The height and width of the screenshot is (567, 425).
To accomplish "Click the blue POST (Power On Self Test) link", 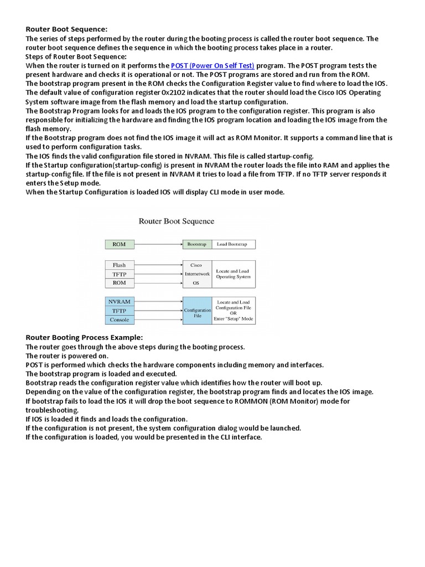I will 212,65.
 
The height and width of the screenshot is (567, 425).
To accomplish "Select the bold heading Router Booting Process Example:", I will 84,337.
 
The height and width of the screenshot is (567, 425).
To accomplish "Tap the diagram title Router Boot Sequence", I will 176,221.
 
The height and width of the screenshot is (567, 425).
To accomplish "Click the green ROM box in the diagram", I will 119,244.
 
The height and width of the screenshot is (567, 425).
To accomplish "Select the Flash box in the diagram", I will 119,265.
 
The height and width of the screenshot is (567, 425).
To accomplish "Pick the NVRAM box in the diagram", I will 119,302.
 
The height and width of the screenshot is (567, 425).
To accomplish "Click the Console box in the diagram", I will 119,319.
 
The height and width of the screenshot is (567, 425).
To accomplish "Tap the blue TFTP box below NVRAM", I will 119,311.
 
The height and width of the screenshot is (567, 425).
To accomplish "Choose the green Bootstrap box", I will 196,244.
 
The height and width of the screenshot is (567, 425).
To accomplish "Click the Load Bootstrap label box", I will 233,244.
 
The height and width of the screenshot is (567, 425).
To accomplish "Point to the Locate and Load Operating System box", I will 233,274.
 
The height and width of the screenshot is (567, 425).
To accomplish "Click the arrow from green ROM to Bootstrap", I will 158,244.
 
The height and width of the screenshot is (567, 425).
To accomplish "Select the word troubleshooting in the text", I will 52,410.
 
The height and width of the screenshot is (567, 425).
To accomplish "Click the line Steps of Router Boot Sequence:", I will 76,56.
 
